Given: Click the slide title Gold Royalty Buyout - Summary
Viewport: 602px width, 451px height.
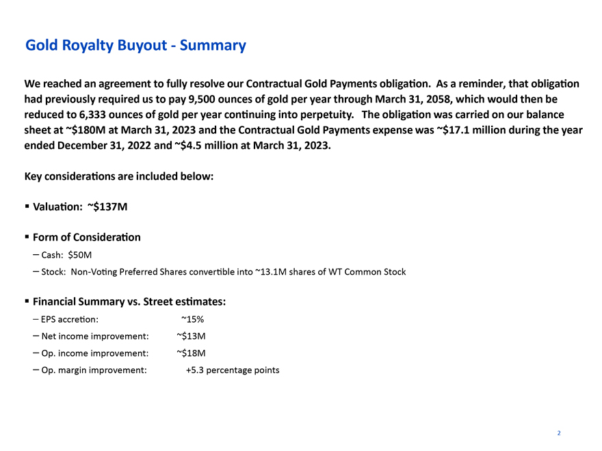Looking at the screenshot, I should coord(135,46).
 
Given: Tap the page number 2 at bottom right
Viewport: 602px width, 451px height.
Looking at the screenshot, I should coord(559,433).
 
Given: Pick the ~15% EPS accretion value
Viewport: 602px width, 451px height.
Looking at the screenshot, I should coord(192,318).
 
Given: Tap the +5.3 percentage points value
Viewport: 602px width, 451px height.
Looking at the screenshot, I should coord(233,370).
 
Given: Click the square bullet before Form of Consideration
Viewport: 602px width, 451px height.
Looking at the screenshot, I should coord(26,237).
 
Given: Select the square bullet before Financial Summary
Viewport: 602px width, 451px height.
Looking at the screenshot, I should coord(26,301).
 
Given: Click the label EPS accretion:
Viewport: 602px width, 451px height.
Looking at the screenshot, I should coord(70,318).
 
